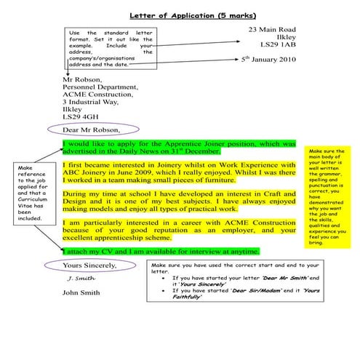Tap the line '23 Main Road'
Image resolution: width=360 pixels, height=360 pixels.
point(273,28)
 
